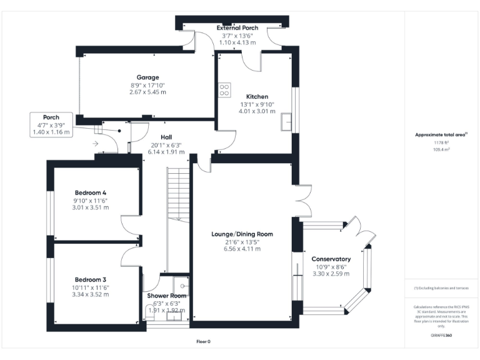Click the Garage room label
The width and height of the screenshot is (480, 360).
pyautogui.click(x=147, y=77)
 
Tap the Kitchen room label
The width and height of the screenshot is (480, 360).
pyautogui.click(x=254, y=97)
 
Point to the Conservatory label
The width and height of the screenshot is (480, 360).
pyautogui.click(x=331, y=259)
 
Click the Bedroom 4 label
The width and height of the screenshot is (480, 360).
pyautogui.click(x=91, y=192)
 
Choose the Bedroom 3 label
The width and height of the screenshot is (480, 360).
pyautogui.click(x=91, y=279)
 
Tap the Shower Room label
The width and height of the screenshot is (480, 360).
pyautogui.click(x=167, y=296)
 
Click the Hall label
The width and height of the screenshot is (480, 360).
pyautogui.click(x=166, y=137)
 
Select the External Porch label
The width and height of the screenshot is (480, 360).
pyautogui.click(x=237, y=28)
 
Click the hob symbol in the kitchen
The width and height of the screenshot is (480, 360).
pyautogui.click(x=224, y=89)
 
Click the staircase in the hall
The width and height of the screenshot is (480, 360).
pyautogui.click(x=178, y=194)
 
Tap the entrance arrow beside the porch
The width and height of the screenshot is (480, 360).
pyautogui.click(x=94, y=144)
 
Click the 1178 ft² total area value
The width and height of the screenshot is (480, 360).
pyautogui.click(x=441, y=143)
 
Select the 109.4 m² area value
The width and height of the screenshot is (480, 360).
pyautogui.click(x=441, y=150)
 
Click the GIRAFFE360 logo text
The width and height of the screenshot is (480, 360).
pyautogui.click(x=441, y=336)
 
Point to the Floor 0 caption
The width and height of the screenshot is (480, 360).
pyautogui.click(x=204, y=342)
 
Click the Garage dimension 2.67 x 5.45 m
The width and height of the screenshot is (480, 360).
pyautogui.click(x=147, y=92)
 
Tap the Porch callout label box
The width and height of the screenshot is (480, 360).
pyautogui.click(x=51, y=125)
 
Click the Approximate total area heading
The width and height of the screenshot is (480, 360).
pyautogui.click(x=441, y=134)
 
